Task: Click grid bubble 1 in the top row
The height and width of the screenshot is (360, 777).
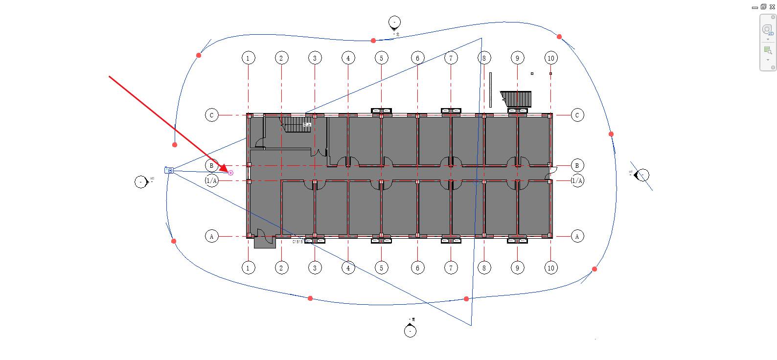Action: (248, 58)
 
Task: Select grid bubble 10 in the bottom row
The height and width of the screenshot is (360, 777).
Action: (551, 268)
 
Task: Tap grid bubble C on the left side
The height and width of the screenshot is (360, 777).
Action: (211, 115)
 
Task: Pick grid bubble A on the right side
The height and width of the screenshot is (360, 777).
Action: (577, 237)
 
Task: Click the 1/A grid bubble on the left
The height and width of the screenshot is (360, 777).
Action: (211, 180)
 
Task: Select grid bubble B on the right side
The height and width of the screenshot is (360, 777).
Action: (577, 165)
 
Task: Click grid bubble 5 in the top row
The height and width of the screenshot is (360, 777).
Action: (382, 58)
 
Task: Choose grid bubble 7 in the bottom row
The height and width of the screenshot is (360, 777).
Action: (451, 268)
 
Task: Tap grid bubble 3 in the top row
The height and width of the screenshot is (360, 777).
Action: (315, 58)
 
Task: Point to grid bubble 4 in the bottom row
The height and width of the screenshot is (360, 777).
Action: (348, 268)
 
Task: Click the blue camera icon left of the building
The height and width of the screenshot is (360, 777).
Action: (169, 170)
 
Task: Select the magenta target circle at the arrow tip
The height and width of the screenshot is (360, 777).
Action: (231, 173)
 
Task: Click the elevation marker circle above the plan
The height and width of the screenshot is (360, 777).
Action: (394, 22)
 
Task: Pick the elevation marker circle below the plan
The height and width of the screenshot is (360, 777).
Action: (411, 332)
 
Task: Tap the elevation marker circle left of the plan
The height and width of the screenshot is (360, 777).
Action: (141, 182)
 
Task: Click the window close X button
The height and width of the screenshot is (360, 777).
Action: (772, 7)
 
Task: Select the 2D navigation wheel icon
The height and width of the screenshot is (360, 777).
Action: (767, 29)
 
